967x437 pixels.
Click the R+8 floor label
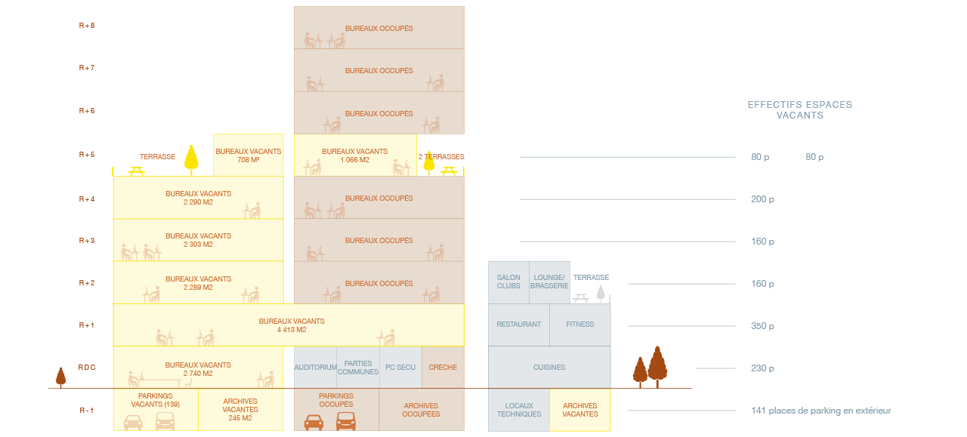pos(87,26)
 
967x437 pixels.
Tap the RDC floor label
pos(87,367)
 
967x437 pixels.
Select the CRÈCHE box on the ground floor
pos(443,367)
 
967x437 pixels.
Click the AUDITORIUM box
pos(315,367)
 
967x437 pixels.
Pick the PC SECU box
pos(400,367)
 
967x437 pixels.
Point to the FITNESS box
pos(579,325)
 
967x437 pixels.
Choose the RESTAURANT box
pos(519,325)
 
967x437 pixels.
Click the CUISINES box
pos(549,367)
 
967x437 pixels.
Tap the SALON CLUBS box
pos(508,282)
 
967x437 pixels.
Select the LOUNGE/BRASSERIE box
pos(549,282)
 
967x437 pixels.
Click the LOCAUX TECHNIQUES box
pos(519,410)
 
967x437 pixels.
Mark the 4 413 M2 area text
pos(292,330)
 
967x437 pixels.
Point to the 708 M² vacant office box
pos(249,155)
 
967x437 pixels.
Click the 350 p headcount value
pos(762,326)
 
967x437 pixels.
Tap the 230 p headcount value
pos(762,368)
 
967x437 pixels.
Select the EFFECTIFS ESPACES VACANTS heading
pos(800,110)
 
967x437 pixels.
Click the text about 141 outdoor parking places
pos(821,411)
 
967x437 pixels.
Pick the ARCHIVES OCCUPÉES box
pos(422,410)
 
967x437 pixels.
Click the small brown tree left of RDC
pos(61,377)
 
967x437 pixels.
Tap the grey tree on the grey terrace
pos(601,294)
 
